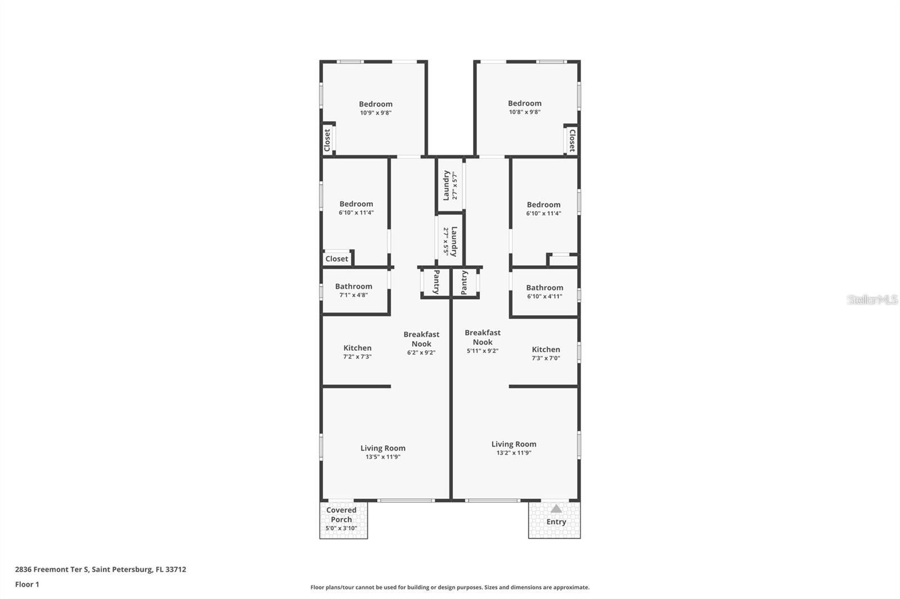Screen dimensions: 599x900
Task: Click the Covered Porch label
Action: click(341, 515)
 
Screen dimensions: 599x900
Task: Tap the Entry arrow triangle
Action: click(556, 509)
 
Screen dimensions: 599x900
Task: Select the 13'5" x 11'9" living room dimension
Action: click(383, 457)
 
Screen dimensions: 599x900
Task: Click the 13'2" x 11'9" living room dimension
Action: click(514, 453)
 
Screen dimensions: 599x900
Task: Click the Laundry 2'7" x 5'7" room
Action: click(450, 185)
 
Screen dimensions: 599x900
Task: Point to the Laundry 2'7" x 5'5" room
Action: click(451, 241)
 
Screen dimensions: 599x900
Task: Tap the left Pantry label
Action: click(436, 282)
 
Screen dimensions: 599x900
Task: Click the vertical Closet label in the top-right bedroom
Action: click(572, 140)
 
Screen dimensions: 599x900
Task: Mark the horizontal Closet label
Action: click(336, 259)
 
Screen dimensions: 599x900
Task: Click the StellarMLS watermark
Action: click(872, 299)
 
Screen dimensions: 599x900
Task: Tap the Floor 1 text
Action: click(27, 584)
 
